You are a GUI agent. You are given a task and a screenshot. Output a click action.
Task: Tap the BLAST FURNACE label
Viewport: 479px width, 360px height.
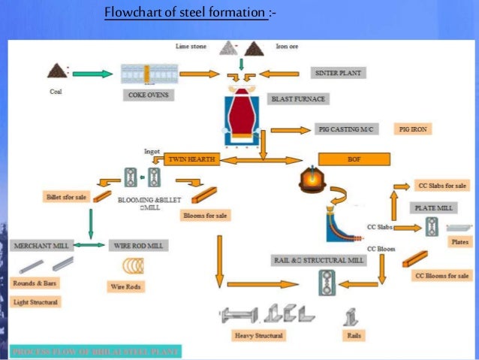click(x=291, y=98)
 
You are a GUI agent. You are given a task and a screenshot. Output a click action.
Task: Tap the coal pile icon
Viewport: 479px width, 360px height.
click(x=56, y=72)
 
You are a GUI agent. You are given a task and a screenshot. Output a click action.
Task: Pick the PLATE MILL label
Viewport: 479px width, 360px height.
click(x=433, y=207)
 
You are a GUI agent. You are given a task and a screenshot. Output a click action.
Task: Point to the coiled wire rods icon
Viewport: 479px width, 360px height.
click(x=137, y=267)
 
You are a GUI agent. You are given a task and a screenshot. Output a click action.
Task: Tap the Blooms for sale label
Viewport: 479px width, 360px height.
click(x=205, y=216)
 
